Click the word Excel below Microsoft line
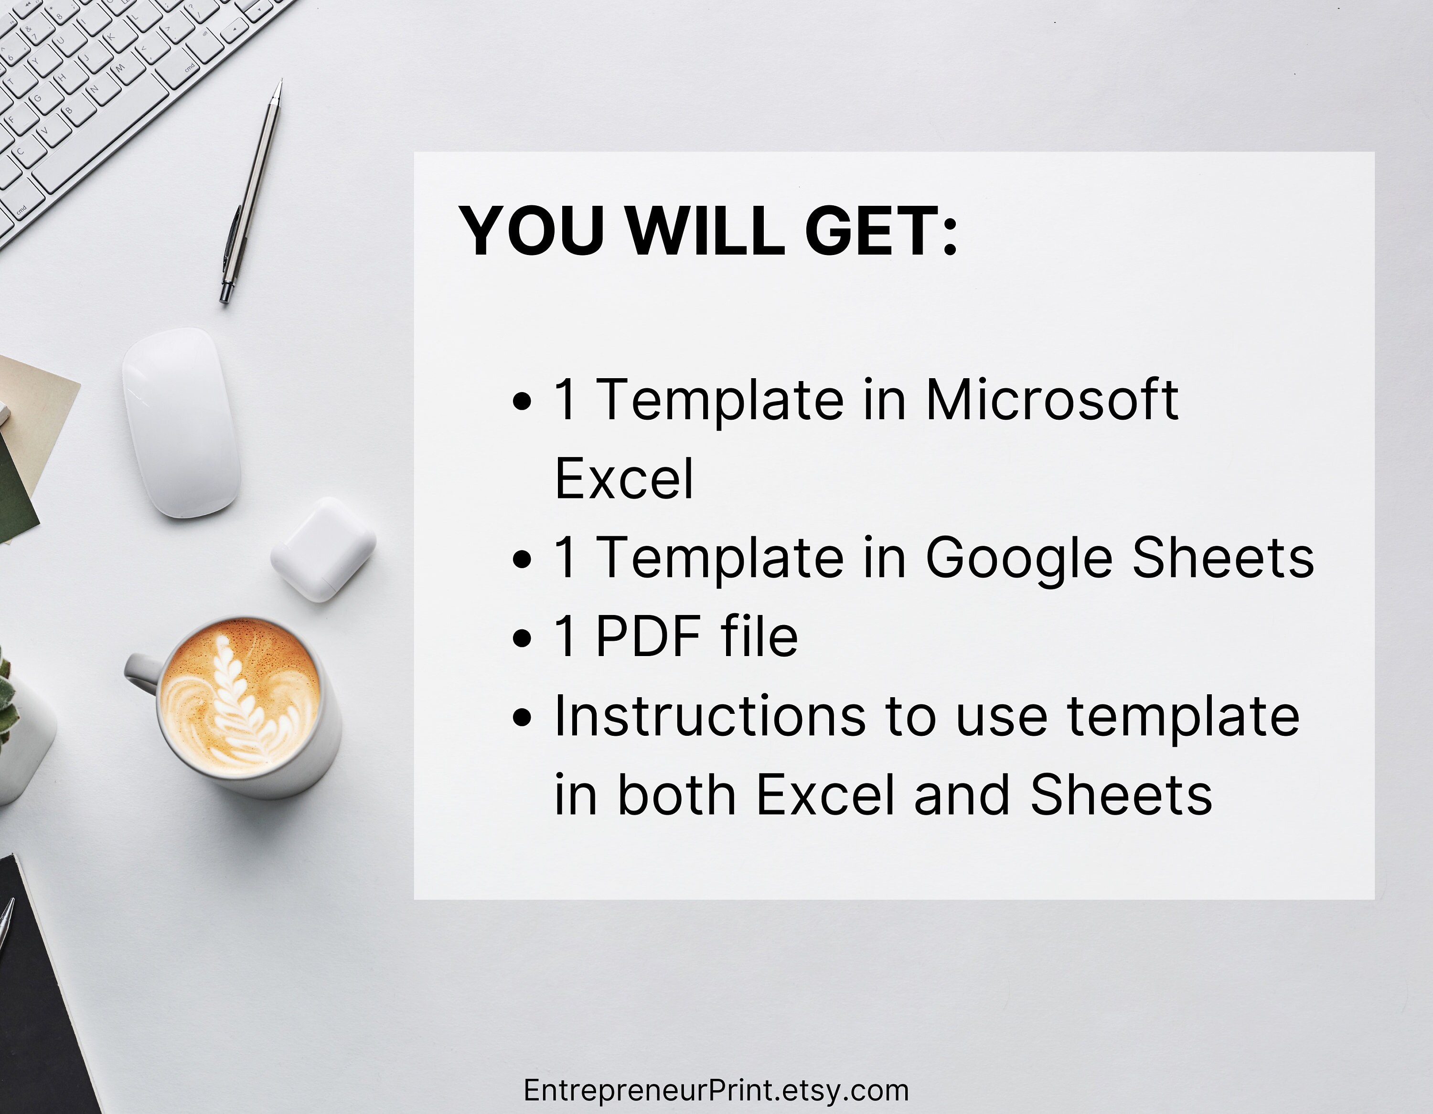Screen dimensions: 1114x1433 tap(623, 479)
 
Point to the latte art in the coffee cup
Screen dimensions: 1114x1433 tap(239, 699)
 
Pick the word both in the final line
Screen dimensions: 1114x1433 tap(676, 795)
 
